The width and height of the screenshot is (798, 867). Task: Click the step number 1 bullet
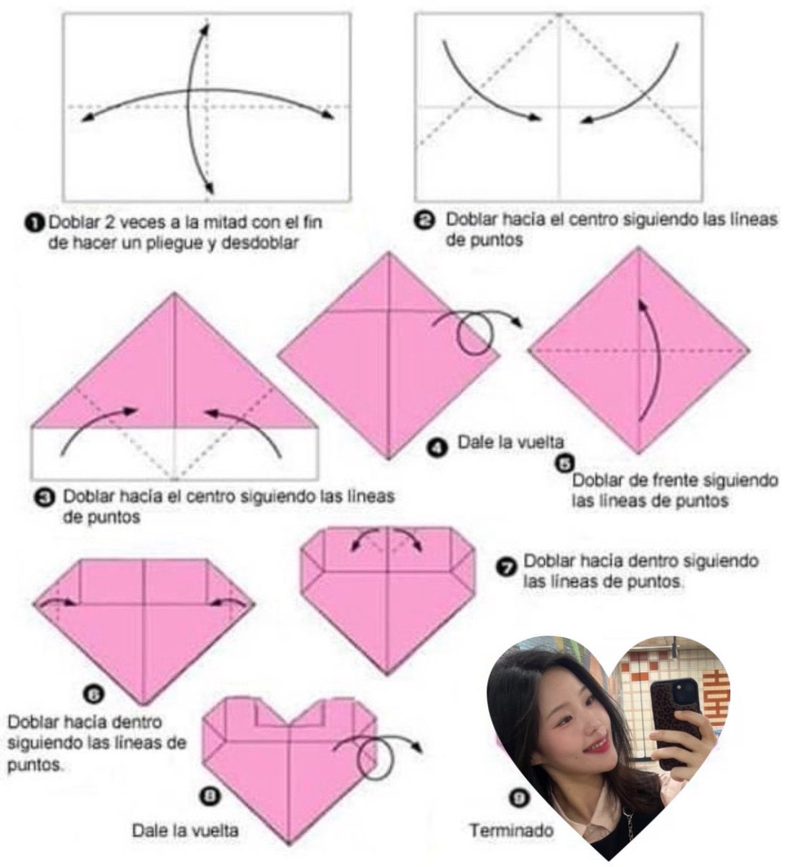[38, 224]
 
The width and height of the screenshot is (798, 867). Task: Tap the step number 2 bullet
[424, 221]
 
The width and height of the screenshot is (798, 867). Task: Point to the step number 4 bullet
[436, 448]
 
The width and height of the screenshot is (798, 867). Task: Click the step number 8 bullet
[210, 795]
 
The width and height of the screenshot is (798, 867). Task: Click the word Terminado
[511, 830]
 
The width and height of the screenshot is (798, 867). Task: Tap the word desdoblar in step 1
[259, 243]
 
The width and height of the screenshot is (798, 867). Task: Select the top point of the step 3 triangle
[174, 293]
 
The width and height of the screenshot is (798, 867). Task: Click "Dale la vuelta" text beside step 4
[511, 441]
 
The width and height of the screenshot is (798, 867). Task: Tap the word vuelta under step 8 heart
[215, 830]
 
